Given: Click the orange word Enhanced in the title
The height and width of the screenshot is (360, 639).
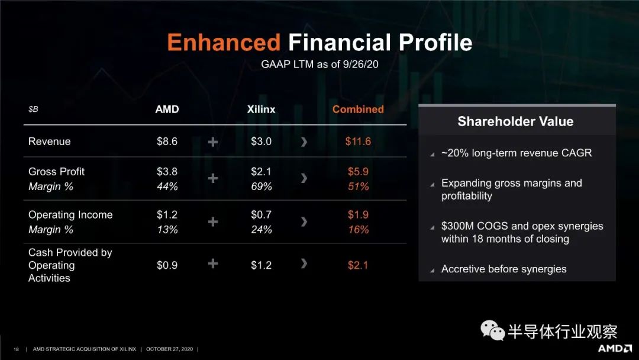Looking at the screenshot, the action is pyautogui.click(x=224, y=43).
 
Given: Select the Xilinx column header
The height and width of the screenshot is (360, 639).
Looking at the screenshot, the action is pyautogui.click(x=262, y=110).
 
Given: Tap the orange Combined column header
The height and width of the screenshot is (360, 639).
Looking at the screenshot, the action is pyautogui.click(x=358, y=110).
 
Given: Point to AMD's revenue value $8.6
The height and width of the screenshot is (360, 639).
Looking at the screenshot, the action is pyautogui.click(x=167, y=142).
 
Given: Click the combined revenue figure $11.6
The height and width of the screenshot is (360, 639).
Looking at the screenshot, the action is pyautogui.click(x=358, y=142).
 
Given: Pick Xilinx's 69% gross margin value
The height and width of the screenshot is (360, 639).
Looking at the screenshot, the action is pyautogui.click(x=262, y=187).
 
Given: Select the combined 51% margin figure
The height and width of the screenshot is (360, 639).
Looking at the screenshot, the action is pyautogui.click(x=358, y=187).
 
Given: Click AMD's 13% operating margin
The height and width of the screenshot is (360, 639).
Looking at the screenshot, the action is pyautogui.click(x=167, y=230).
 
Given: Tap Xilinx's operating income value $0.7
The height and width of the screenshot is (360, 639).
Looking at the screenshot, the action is pyautogui.click(x=262, y=214).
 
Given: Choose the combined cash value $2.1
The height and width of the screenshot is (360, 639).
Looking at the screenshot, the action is pyautogui.click(x=358, y=265).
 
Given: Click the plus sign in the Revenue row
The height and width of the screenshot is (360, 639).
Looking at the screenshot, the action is pyautogui.click(x=213, y=142).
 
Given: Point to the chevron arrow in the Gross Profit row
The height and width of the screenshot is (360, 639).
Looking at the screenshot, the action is pyautogui.click(x=304, y=178).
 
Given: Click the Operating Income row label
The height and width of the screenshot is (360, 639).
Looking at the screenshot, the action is pyautogui.click(x=70, y=215).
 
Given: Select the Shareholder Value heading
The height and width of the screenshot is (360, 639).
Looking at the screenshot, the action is pyautogui.click(x=515, y=121).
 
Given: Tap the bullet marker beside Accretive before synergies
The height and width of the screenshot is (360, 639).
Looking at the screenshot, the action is pyautogui.click(x=432, y=271).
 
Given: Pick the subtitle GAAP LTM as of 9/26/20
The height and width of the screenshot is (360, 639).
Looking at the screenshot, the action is pyautogui.click(x=319, y=65).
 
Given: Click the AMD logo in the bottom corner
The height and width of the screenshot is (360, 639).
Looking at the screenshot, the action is pyautogui.click(x=615, y=349).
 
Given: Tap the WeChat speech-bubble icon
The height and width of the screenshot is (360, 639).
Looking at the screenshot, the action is pyautogui.click(x=492, y=330).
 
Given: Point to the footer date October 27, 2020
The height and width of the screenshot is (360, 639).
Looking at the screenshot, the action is pyautogui.click(x=170, y=349).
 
